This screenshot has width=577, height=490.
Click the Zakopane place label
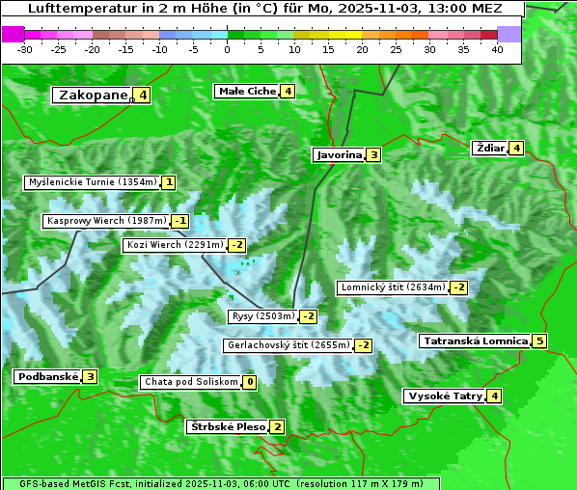click(94, 95)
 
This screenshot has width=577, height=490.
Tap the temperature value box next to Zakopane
click(143, 95)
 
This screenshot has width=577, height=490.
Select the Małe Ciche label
click(247, 91)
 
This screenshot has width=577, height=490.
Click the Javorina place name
click(339, 154)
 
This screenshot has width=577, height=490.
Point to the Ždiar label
click(490, 148)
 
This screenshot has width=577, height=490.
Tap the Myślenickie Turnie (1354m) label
click(92, 181)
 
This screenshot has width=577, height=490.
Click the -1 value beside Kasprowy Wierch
click(180, 221)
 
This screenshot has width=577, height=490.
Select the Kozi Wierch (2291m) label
click(175, 245)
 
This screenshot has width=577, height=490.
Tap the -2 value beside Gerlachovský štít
click(364, 345)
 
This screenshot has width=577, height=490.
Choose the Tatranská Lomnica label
click(475, 340)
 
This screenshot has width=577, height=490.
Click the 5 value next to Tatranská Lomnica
click(539, 340)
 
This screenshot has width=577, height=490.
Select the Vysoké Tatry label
click(445, 395)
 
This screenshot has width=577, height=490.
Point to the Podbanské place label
click(46, 376)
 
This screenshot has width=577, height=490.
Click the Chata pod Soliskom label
click(190, 382)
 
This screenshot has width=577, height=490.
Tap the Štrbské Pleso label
click(227, 426)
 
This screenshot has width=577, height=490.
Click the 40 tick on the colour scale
click(497, 49)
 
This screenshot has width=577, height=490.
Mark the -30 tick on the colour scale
click(25, 49)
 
